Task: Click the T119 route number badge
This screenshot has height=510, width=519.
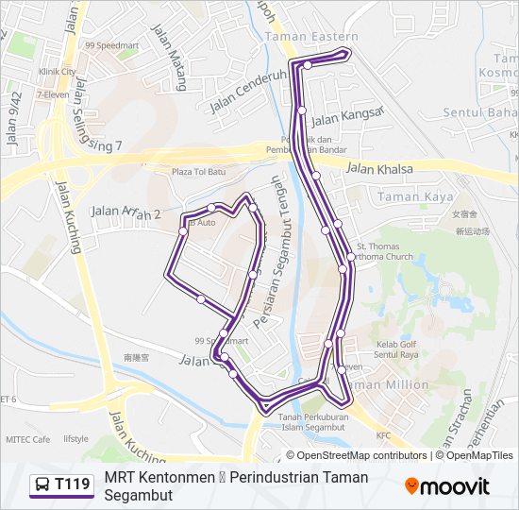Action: pos(63,485)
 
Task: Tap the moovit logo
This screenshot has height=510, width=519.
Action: pos(447,486)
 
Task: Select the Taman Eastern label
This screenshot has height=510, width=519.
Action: pos(299,37)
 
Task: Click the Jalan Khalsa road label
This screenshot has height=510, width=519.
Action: pos(379,169)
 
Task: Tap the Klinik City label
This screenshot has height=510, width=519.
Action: pos(57,71)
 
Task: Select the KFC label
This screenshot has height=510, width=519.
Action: pos(383,435)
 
